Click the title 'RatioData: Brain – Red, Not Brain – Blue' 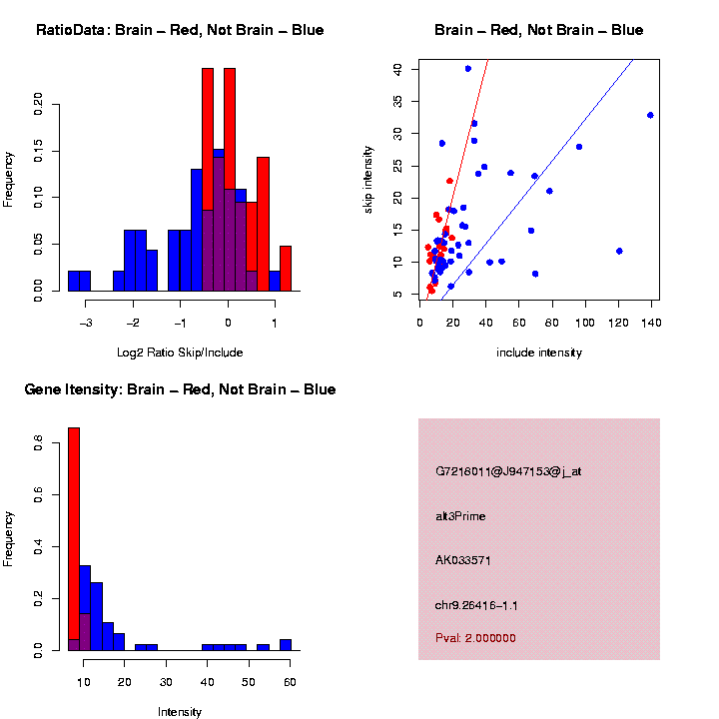pos(180,30)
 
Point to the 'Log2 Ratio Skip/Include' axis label pos(180,352)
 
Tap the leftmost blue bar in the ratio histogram pos(79,281)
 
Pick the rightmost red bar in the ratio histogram pos(285,269)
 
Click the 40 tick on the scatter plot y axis pos(398,69)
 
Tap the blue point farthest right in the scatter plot pos(650,115)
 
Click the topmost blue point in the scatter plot pos(468,68)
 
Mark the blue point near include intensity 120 pos(619,251)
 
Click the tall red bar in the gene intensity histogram pos(73,539)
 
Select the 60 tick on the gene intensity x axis pos(290,681)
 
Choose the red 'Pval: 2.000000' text pos(475,638)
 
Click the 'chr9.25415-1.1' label pos(476,605)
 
